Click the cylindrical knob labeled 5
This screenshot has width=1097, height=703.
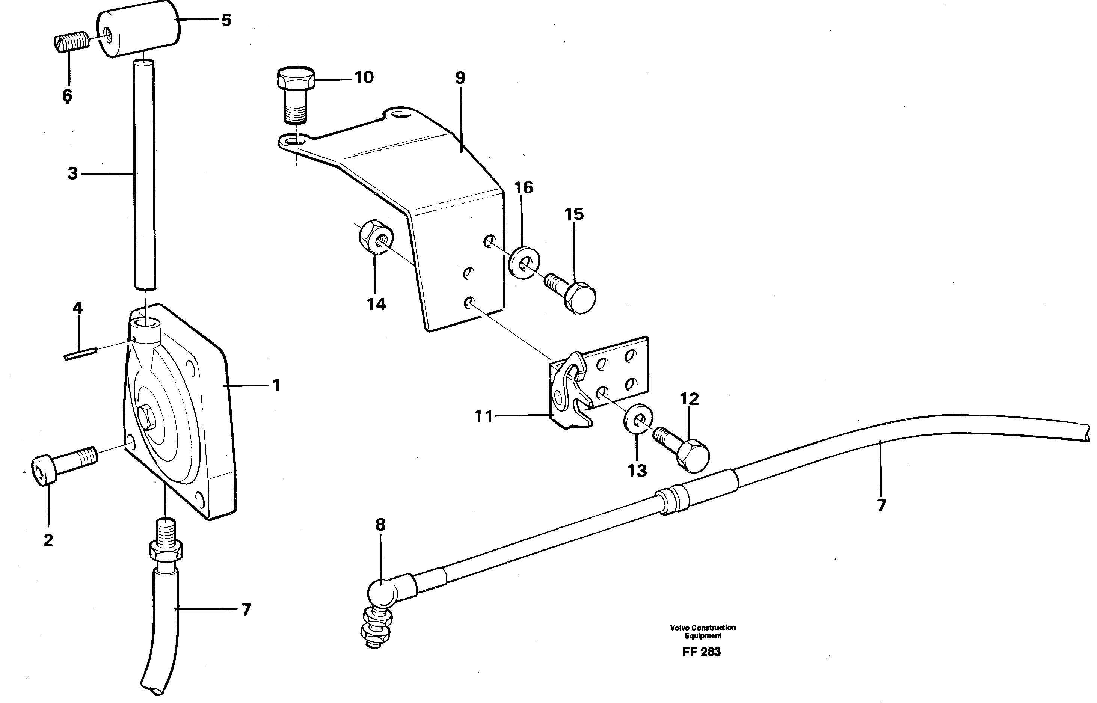coord(138,28)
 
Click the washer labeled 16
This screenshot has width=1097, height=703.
coord(524,263)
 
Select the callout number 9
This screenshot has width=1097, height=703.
coord(460,78)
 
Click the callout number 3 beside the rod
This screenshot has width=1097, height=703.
coord(72,173)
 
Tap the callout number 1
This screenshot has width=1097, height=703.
coord(276,386)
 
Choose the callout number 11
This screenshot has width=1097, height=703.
coord(483,416)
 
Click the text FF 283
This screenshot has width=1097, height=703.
coord(701,652)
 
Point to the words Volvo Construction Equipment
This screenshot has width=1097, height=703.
coord(702,632)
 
